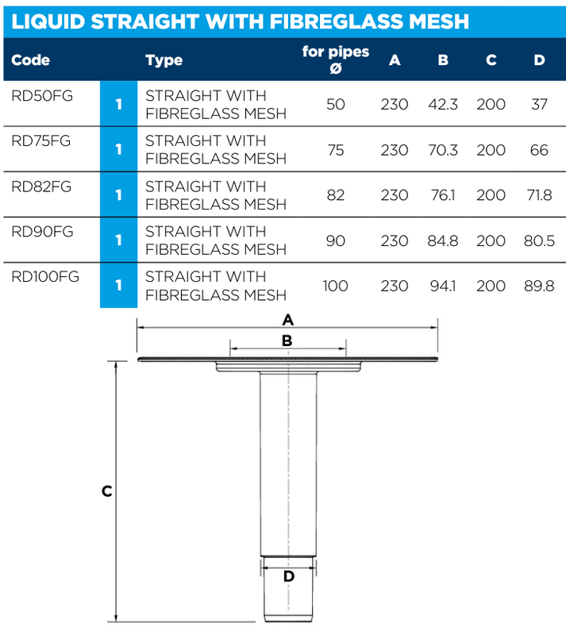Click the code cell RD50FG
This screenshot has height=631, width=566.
click(42, 96)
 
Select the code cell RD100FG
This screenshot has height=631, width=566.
click(45, 277)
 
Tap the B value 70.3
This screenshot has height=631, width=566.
click(443, 150)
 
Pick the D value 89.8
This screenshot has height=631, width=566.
click(539, 286)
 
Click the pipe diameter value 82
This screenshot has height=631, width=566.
click(336, 195)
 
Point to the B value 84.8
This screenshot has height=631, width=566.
click(443, 240)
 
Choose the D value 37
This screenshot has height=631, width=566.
click(539, 105)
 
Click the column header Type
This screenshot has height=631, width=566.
click(164, 60)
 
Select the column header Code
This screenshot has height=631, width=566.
click(31, 60)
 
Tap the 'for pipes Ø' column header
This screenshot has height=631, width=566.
click(336, 60)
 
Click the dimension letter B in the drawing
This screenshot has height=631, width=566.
click(288, 341)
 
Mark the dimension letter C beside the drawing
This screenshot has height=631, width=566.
click(106, 491)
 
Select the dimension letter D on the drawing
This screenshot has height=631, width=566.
click(289, 577)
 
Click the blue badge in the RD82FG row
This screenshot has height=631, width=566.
click(118, 195)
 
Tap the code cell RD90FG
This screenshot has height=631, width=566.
click(42, 232)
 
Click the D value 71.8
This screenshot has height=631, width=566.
click(539, 195)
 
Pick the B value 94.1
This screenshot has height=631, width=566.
click(443, 286)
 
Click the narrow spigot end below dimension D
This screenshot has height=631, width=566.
click(289, 605)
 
